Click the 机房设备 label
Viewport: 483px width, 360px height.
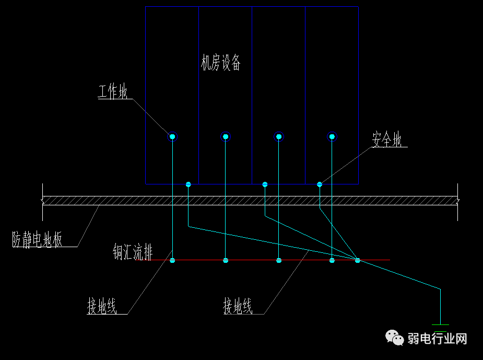221,63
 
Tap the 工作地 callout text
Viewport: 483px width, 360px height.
113,92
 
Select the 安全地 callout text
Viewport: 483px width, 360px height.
387,140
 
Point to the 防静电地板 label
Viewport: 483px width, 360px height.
38,240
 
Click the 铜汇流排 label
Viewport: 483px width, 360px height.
133,253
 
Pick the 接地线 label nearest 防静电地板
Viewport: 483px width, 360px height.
102,307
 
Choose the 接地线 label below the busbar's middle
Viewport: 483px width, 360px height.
238,307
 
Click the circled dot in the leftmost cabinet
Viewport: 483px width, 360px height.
172,137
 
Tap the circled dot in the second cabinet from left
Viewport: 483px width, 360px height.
226,137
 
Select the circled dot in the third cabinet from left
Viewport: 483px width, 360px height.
279,137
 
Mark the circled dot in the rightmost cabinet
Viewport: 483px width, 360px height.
332,137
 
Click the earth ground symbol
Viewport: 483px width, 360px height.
441,328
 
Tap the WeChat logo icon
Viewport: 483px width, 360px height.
395,338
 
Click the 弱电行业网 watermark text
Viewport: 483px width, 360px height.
438,339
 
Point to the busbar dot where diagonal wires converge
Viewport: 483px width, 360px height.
358,260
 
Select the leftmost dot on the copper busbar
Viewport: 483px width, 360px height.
172,260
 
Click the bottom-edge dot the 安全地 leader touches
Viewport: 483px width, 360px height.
320,184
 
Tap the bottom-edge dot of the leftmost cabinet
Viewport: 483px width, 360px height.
189,184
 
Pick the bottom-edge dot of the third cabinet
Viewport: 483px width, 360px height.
265,184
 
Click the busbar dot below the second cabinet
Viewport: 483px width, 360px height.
226,260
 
